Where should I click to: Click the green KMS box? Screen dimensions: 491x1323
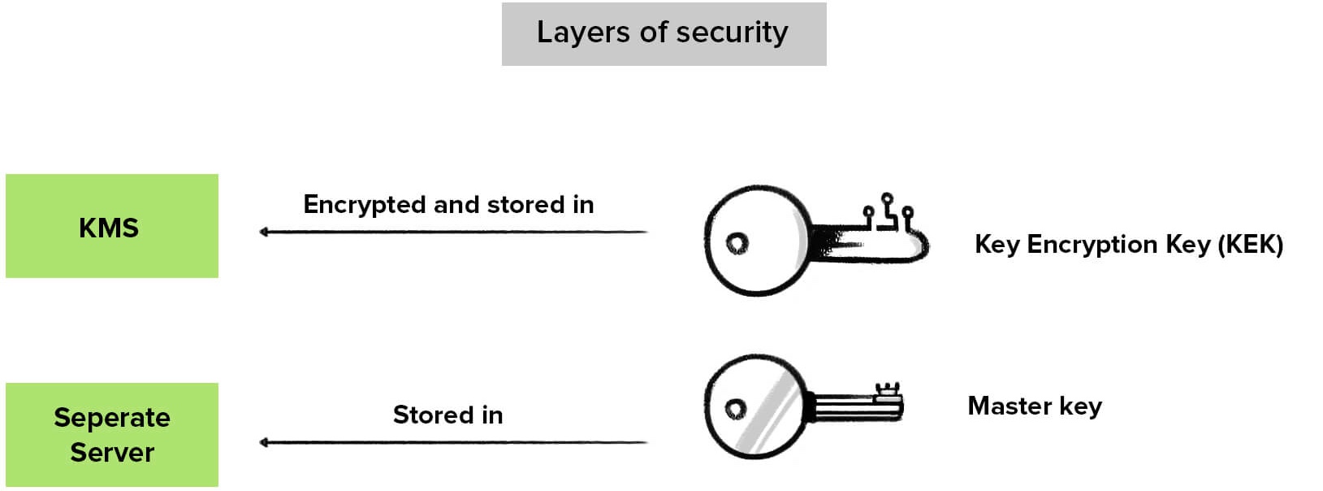pyautogui.click(x=112, y=226)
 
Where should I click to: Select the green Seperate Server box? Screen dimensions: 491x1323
pyautogui.click(x=112, y=435)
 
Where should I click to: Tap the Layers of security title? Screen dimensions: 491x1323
pyautogui.click(x=663, y=33)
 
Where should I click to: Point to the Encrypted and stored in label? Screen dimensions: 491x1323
pyautogui.click(x=448, y=204)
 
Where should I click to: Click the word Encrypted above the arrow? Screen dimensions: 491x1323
pyautogui.click(x=365, y=204)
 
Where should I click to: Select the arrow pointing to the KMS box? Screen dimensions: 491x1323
pyautogui.click(x=453, y=232)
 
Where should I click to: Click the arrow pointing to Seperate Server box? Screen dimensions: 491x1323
pyautogui.click(x=453, y=443)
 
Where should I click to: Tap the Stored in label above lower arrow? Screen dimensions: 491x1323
pyautogui.click(x=448, y=415)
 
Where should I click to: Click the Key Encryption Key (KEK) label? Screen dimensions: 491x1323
pyautogui.click(x=1128, y=244)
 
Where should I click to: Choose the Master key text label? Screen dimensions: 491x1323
pyautogui.click(x=1034, y=406)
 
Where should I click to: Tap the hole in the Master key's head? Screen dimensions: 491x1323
pyautogui.click(x=736, y=408)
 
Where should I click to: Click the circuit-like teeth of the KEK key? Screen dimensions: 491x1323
pyautogui.click(x=888, y=212)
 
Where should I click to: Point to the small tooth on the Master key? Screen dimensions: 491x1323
pyautogui.click(x=888, y=392)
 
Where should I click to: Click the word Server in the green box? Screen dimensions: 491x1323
pyautogui.click(x=112, y=452)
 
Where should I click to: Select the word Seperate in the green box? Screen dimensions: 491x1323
pyautogui.click(x=112, y=418)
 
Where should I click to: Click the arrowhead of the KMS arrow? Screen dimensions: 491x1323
pyautogui.click(x=264, y=232)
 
